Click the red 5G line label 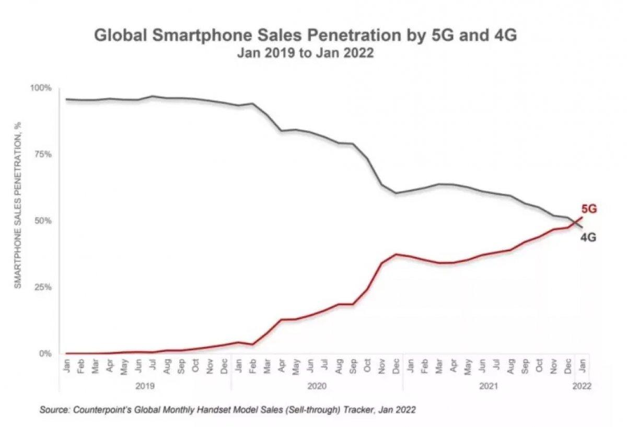pyautogui.click(x=589, y=209)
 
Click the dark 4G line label pyautogui.click(x=589, y=238)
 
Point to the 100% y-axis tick pyautogui.click(x=43, y=88)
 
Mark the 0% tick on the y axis pyautogui.click(x=47, y=354)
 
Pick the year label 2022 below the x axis pyautogui.click(x=581, y=387)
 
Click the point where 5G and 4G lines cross pyautogui.click(x=575, y=223)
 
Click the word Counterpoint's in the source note pyautogui.click(x=100, y=410)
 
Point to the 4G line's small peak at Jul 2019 pyautogui.click(x=152, y=96)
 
